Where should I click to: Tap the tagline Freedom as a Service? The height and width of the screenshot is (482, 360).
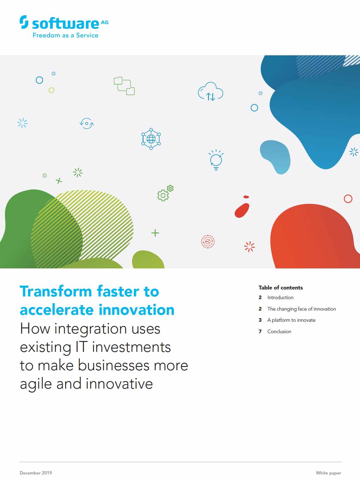click(65, 35)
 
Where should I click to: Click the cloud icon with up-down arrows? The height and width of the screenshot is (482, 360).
click(210, 92)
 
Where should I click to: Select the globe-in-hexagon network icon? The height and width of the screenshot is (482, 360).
click(151, 139)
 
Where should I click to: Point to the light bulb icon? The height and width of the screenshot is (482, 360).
click(216, 160)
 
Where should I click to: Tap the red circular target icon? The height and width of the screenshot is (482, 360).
click(208, 242)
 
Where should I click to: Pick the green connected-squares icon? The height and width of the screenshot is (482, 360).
click(124, 86)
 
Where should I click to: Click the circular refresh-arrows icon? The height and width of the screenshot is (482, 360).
click(87, 124)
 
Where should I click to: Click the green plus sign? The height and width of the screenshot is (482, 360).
click(155, 233)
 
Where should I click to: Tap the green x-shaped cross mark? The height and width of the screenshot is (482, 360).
click(59, 181)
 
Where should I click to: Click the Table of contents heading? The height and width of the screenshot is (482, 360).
click(281, 288)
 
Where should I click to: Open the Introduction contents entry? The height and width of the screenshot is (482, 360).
click(280, 298)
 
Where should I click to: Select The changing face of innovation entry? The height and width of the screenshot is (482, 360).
click(302, 309)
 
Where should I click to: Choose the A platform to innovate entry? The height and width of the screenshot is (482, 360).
click(291, 320)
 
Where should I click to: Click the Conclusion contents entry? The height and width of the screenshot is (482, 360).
click(279, 332)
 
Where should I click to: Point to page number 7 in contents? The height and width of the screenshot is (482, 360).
click(260, 332)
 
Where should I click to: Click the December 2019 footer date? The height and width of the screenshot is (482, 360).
click(36, 473)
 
